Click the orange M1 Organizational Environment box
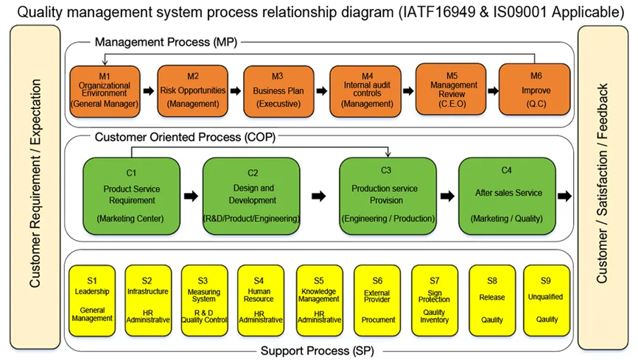[105, 91]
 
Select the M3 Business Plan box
[278, 91]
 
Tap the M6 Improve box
[535, 90]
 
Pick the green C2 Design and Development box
[251, 196]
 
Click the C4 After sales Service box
[507, 196]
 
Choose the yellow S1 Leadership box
[92, 300]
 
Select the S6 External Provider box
[377, 300]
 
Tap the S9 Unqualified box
[547, 300]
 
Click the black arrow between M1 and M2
[149, 91]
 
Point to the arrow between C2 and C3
[319, 196]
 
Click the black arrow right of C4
[565, 196]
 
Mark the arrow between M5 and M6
[493, 91]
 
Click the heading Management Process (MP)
[166, 42]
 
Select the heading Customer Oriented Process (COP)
[185, 137]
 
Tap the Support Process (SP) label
[317, 350]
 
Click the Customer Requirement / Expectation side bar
[35, 187]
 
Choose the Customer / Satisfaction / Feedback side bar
[603, 187]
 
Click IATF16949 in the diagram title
[438, 13]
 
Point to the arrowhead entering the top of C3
[388, 154]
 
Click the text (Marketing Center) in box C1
[130, 219]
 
